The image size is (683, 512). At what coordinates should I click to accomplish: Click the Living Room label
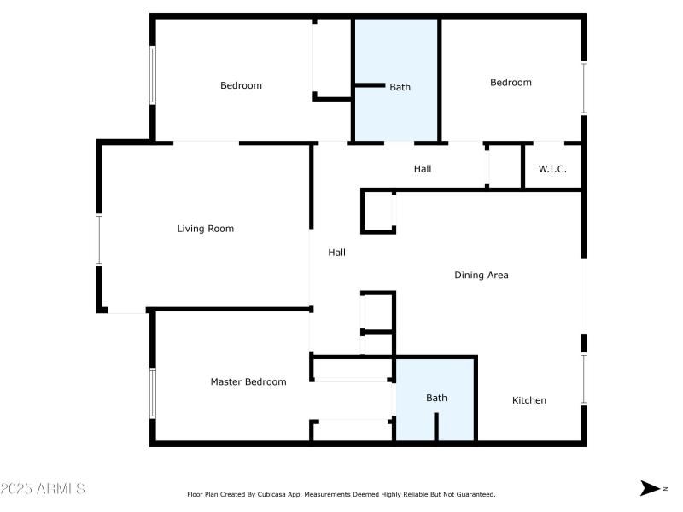[x=205, y=229]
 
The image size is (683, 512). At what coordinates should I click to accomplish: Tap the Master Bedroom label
[x=248, y=382]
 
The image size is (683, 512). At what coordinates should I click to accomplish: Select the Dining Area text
[x=481, y=276]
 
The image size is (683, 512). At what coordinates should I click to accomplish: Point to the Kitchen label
[x=528, y=400]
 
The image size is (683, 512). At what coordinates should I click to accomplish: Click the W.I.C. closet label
[x=552, y=169]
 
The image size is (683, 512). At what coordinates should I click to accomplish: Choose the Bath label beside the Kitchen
[x=436, y=398]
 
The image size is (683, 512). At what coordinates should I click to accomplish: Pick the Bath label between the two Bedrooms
[x=400, y=87]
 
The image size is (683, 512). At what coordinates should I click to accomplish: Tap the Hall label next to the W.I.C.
[x=422, y=169]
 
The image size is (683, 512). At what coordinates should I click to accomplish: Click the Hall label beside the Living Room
[x=337, y=253]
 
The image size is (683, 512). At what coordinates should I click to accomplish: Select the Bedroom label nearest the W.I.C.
[x=511, y=83]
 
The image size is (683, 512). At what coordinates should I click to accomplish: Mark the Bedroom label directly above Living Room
[x=241, y=85]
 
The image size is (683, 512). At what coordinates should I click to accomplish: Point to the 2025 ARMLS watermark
[x=43, y=489]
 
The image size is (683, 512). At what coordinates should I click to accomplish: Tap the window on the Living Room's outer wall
[x=99, y=240]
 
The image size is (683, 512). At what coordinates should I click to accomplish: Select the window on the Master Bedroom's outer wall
[x=153, y=393]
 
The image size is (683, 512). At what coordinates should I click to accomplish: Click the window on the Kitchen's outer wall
[x=584, y=379]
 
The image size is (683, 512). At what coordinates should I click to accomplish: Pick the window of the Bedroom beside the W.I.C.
[x=584, y=87]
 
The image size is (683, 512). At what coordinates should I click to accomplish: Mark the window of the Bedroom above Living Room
[x=153, y=75]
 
